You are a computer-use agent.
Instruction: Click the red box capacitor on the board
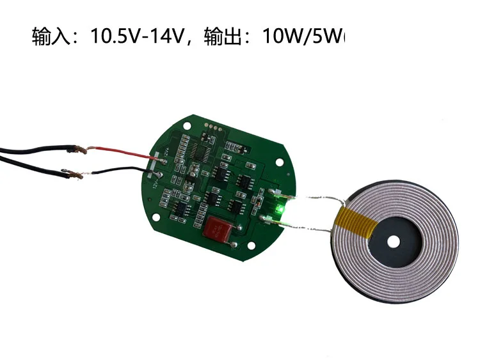(218, 229)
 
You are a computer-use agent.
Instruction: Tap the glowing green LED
(280, 209)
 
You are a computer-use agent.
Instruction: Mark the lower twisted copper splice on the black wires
(75, 173)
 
